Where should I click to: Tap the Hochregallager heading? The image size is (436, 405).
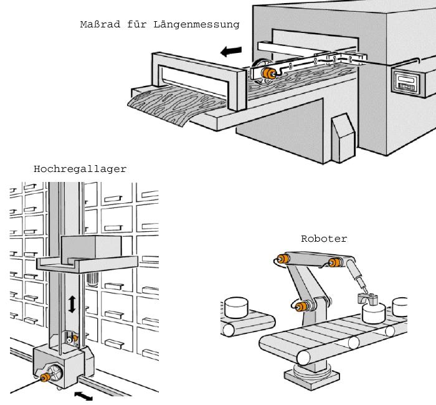(80, 169)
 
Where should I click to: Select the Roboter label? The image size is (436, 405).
(324, 239)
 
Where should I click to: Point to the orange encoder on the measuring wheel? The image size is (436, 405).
(270, 73)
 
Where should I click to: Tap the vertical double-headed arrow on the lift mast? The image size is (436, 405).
(72, 304)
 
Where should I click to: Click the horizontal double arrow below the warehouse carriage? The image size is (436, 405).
(83, 396)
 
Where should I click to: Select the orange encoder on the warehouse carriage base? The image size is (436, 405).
(45, 378)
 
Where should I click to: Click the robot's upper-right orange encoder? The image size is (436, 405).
(336, 262)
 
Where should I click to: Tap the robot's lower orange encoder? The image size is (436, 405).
(303, 306)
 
